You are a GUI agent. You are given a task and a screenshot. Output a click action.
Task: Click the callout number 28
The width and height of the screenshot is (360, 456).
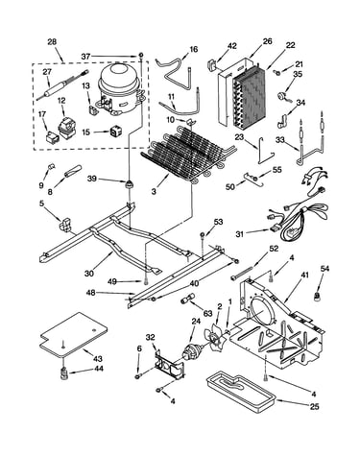pyautogui.click(x=52, y=42)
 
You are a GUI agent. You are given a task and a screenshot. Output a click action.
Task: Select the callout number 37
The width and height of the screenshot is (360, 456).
pyautogui.click(x=85, y=57)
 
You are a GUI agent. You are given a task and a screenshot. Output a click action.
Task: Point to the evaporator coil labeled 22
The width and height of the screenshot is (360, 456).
pyautogui.click(x=248, y=100)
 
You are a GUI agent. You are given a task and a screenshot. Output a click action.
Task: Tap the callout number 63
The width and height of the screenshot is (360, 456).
pyautogui.click(x=207, y=313)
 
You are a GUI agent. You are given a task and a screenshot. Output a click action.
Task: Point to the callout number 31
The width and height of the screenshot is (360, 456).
pyautogui.click(x=239, y=234)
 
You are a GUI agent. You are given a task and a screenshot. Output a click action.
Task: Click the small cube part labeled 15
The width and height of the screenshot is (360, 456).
pyautogui.click(x=115, y=132)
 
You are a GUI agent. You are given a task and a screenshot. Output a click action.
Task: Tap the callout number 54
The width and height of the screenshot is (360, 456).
pyautogui.click(x=324, y=270)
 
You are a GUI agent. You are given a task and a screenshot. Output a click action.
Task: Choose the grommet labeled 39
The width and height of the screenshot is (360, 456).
pyautogui.click(x=130, y=184)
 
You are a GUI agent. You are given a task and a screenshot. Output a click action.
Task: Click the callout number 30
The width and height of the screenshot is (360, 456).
pyautogui.click(x=89, y=274)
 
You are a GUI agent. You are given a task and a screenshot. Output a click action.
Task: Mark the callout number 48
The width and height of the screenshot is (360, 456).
pyautogui.click(x=90, y=293)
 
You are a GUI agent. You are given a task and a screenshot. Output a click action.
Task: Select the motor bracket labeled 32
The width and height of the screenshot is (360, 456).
pyautogui.click(x=170, y=365)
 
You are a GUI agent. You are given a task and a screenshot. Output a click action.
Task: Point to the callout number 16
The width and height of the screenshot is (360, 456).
pyautogui.click(x=194, y=49)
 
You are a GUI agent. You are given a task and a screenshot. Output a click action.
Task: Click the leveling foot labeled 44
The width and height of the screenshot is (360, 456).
pyautogui.click(x=64, y=373)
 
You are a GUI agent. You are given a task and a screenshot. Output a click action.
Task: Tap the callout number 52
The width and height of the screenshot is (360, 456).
pyautogui.click(x=274, y=249)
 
